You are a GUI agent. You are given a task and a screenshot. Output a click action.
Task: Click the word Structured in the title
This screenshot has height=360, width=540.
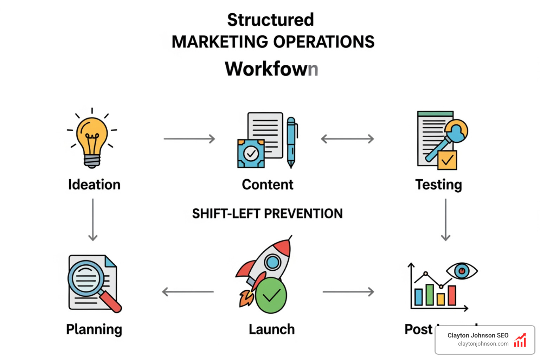click(270, 20)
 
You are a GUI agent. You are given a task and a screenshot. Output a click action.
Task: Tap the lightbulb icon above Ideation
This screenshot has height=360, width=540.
click(92, 139)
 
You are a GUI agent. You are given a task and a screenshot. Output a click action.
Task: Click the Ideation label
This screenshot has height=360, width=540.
click(94, 185)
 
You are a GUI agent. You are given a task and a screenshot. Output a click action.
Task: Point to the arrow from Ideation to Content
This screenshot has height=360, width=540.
click(189, 139)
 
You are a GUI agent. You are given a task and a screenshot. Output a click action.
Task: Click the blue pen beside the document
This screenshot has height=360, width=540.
click(291, 142)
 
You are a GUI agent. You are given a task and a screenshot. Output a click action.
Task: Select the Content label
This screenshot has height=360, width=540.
click(268, 185)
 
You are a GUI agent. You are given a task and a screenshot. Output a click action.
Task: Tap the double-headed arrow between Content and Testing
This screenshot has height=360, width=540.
click(347, 139)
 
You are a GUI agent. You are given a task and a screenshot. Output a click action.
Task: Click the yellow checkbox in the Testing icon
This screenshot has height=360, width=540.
click(447, 160)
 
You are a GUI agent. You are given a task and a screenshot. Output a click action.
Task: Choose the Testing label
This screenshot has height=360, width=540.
click(438, 185)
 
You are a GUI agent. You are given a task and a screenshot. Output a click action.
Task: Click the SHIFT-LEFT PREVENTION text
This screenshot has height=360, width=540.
click(267, 214)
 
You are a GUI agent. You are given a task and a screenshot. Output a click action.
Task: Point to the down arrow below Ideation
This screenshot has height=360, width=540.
click(93, 220)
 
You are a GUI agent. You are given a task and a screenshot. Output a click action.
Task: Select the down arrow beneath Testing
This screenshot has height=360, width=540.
click(445, 220)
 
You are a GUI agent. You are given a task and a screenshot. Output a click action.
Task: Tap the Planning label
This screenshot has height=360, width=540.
click(94, 329)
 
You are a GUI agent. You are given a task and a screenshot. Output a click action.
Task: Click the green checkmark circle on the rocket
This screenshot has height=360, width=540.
click(271, 295)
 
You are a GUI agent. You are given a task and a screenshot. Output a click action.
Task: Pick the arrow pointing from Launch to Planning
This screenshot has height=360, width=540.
click(188, 292)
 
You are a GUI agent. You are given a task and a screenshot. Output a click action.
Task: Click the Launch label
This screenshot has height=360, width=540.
click(271, 329)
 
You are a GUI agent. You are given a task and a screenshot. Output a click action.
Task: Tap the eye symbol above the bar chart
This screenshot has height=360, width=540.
click(462, 271)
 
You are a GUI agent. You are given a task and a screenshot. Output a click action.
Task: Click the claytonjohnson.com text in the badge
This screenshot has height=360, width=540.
click(483, 344)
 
